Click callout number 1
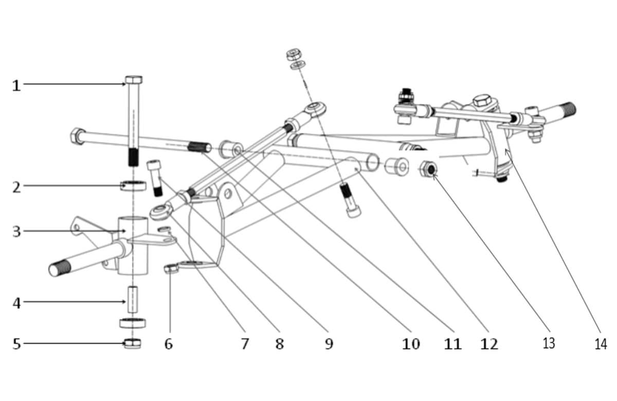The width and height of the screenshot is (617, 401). (16, 86)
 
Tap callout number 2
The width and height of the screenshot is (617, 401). (17, 188)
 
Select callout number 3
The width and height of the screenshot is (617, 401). (17, 232)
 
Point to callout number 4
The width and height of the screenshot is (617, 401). (17, 303)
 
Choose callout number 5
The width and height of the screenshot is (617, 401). (17, 344)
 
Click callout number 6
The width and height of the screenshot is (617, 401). (169, 344)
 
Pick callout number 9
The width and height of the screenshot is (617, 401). (329, 344)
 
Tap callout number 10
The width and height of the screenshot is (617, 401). (411, 344)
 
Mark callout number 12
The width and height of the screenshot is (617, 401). (489, 344)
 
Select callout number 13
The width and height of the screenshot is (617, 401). (549, 343)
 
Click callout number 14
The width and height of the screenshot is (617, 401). (601, 344)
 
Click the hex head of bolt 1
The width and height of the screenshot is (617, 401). (134, 80)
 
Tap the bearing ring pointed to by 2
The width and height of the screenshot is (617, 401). (133, 186)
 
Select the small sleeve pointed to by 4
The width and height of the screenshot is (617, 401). (133, 299)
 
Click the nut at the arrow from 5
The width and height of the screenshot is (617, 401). (133, 343)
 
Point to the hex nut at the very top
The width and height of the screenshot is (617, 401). (294, 54)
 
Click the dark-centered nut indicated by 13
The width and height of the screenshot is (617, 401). (429, 169)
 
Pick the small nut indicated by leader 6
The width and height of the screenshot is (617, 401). (171, 268)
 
